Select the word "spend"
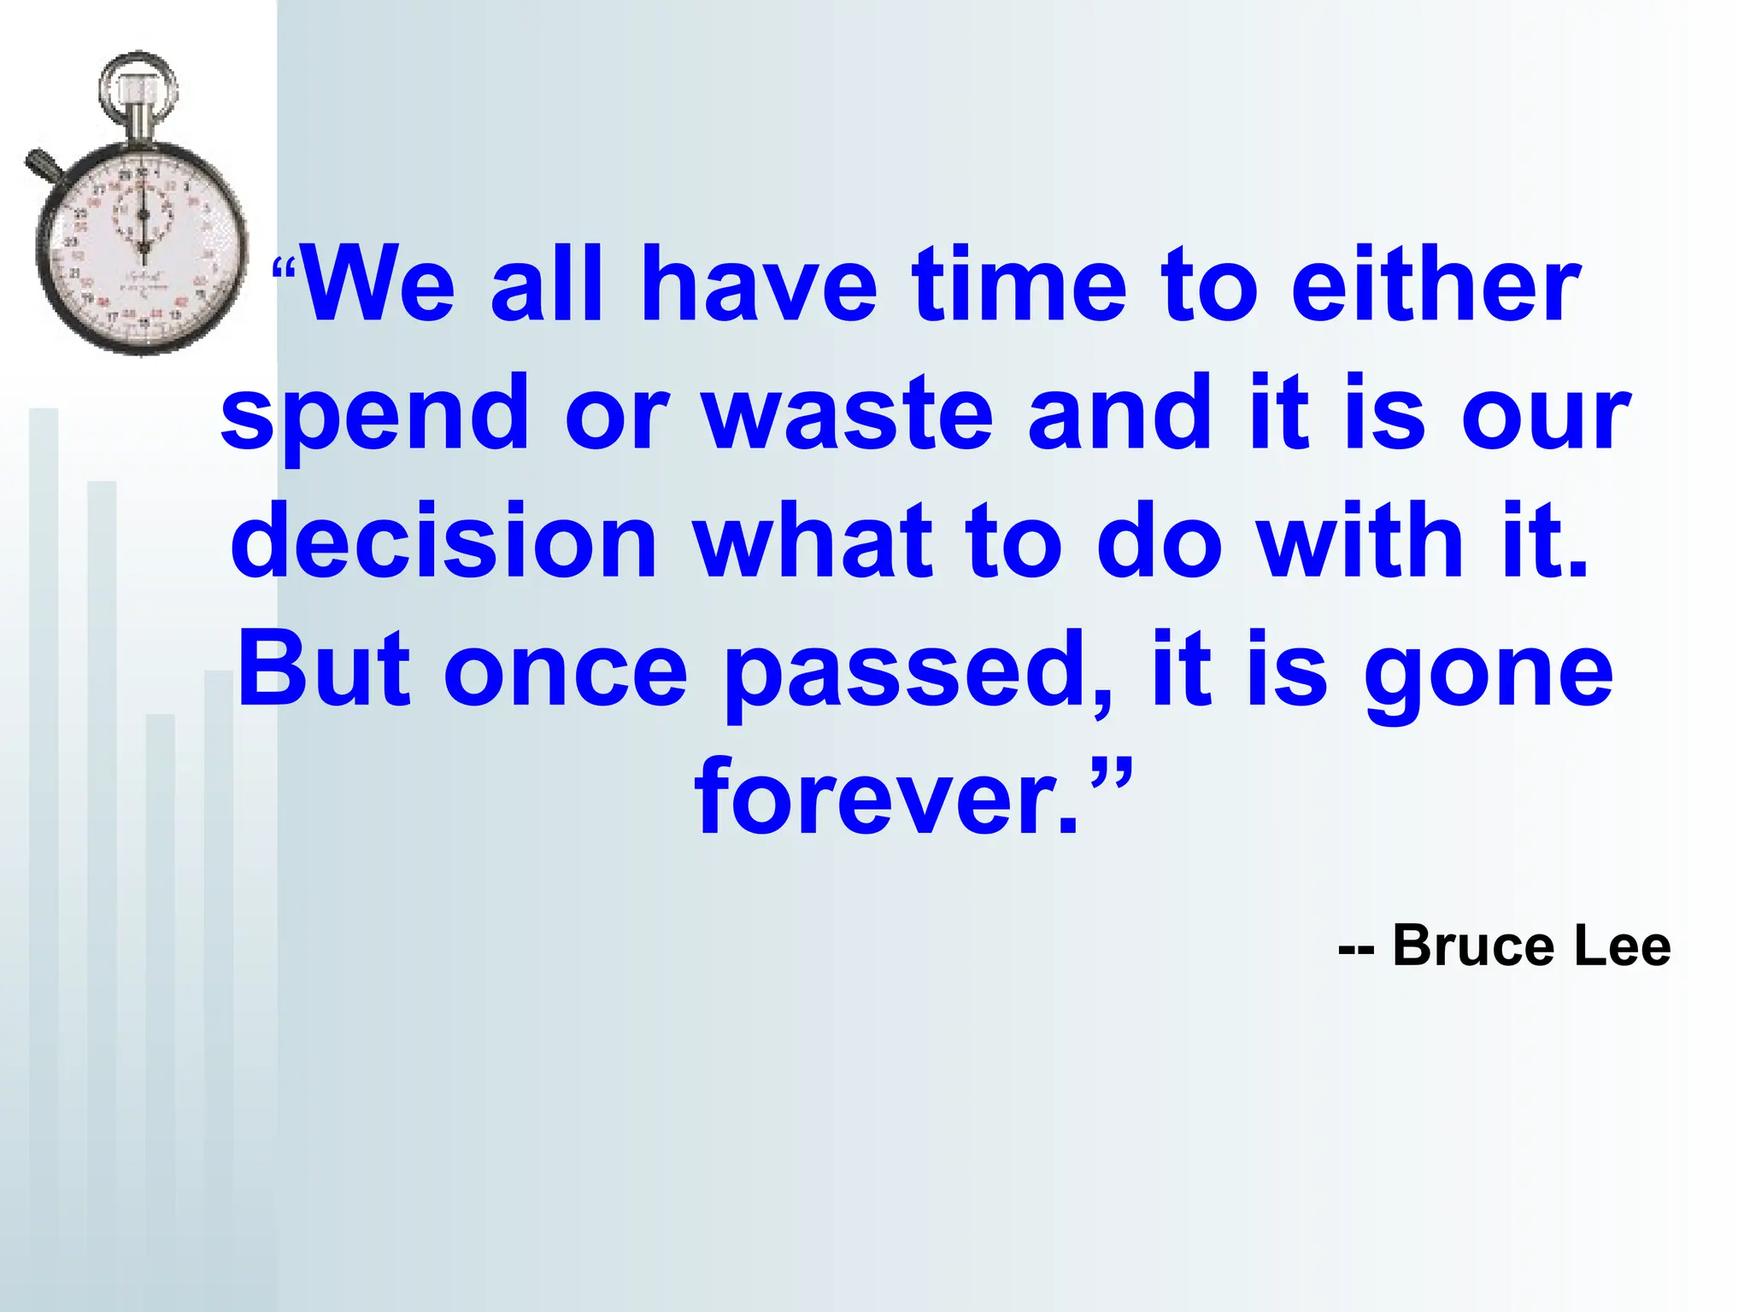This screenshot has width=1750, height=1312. point(374,414)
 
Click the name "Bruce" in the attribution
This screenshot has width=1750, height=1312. point(1472,946)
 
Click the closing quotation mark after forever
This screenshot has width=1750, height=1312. point(1111,773)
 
